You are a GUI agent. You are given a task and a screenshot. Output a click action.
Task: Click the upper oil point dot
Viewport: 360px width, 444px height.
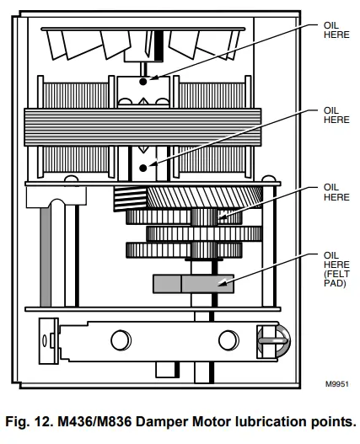143,82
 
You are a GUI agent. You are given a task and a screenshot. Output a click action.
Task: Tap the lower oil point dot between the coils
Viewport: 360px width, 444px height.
143,168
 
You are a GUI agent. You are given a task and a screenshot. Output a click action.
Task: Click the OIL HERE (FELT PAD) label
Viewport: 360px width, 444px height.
336,269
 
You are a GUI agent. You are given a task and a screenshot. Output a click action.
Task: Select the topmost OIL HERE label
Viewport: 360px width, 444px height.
336,30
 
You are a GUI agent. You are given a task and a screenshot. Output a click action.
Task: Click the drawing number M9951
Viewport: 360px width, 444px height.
336,384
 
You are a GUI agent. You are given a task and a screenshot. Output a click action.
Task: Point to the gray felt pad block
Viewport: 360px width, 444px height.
193,284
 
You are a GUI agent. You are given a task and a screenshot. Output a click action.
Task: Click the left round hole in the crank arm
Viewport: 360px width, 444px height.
121,340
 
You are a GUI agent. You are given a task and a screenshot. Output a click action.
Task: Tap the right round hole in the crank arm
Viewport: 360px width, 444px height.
228,340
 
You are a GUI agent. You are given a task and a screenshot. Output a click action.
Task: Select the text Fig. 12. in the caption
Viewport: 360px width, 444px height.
29,421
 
